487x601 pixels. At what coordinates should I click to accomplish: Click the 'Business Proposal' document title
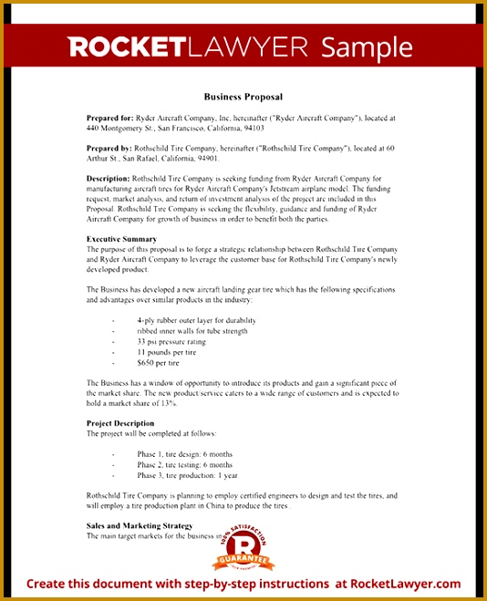[243, 97]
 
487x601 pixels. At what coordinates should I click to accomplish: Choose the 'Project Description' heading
[120, 423]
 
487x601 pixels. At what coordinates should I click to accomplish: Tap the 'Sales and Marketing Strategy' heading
[140, 525]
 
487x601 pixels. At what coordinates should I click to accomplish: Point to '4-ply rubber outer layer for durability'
[196, 320]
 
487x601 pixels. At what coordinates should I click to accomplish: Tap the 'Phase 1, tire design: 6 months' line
[185, 453]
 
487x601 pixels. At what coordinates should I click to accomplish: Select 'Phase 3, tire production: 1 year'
[188, 475]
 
